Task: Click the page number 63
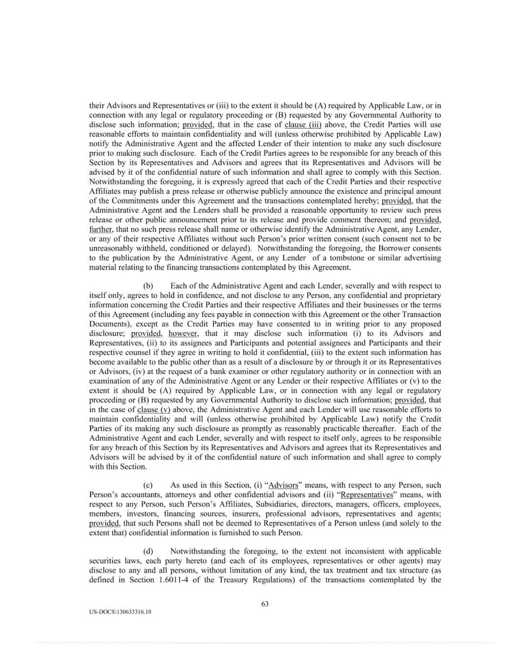coord(265,604)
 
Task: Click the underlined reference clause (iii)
coord(300,125)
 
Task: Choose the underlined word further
coord(100,229)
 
